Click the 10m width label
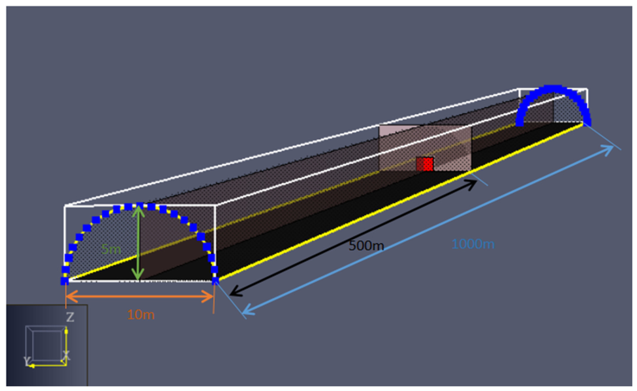point(140,315)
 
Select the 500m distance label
point(366,246)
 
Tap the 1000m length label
point(473,244)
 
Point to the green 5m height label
point(111,249)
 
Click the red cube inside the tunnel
point(425,164)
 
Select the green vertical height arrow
point(138,243)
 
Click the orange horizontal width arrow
point(139,296)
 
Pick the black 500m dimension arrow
point(353,238)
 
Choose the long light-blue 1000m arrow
point(427,230)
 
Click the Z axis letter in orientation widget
point(70,317)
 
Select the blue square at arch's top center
point(140,205)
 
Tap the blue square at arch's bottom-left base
point(64,281)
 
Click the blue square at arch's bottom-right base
point(216,281)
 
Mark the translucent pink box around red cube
point(425,148)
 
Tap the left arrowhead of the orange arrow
point(71,296)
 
